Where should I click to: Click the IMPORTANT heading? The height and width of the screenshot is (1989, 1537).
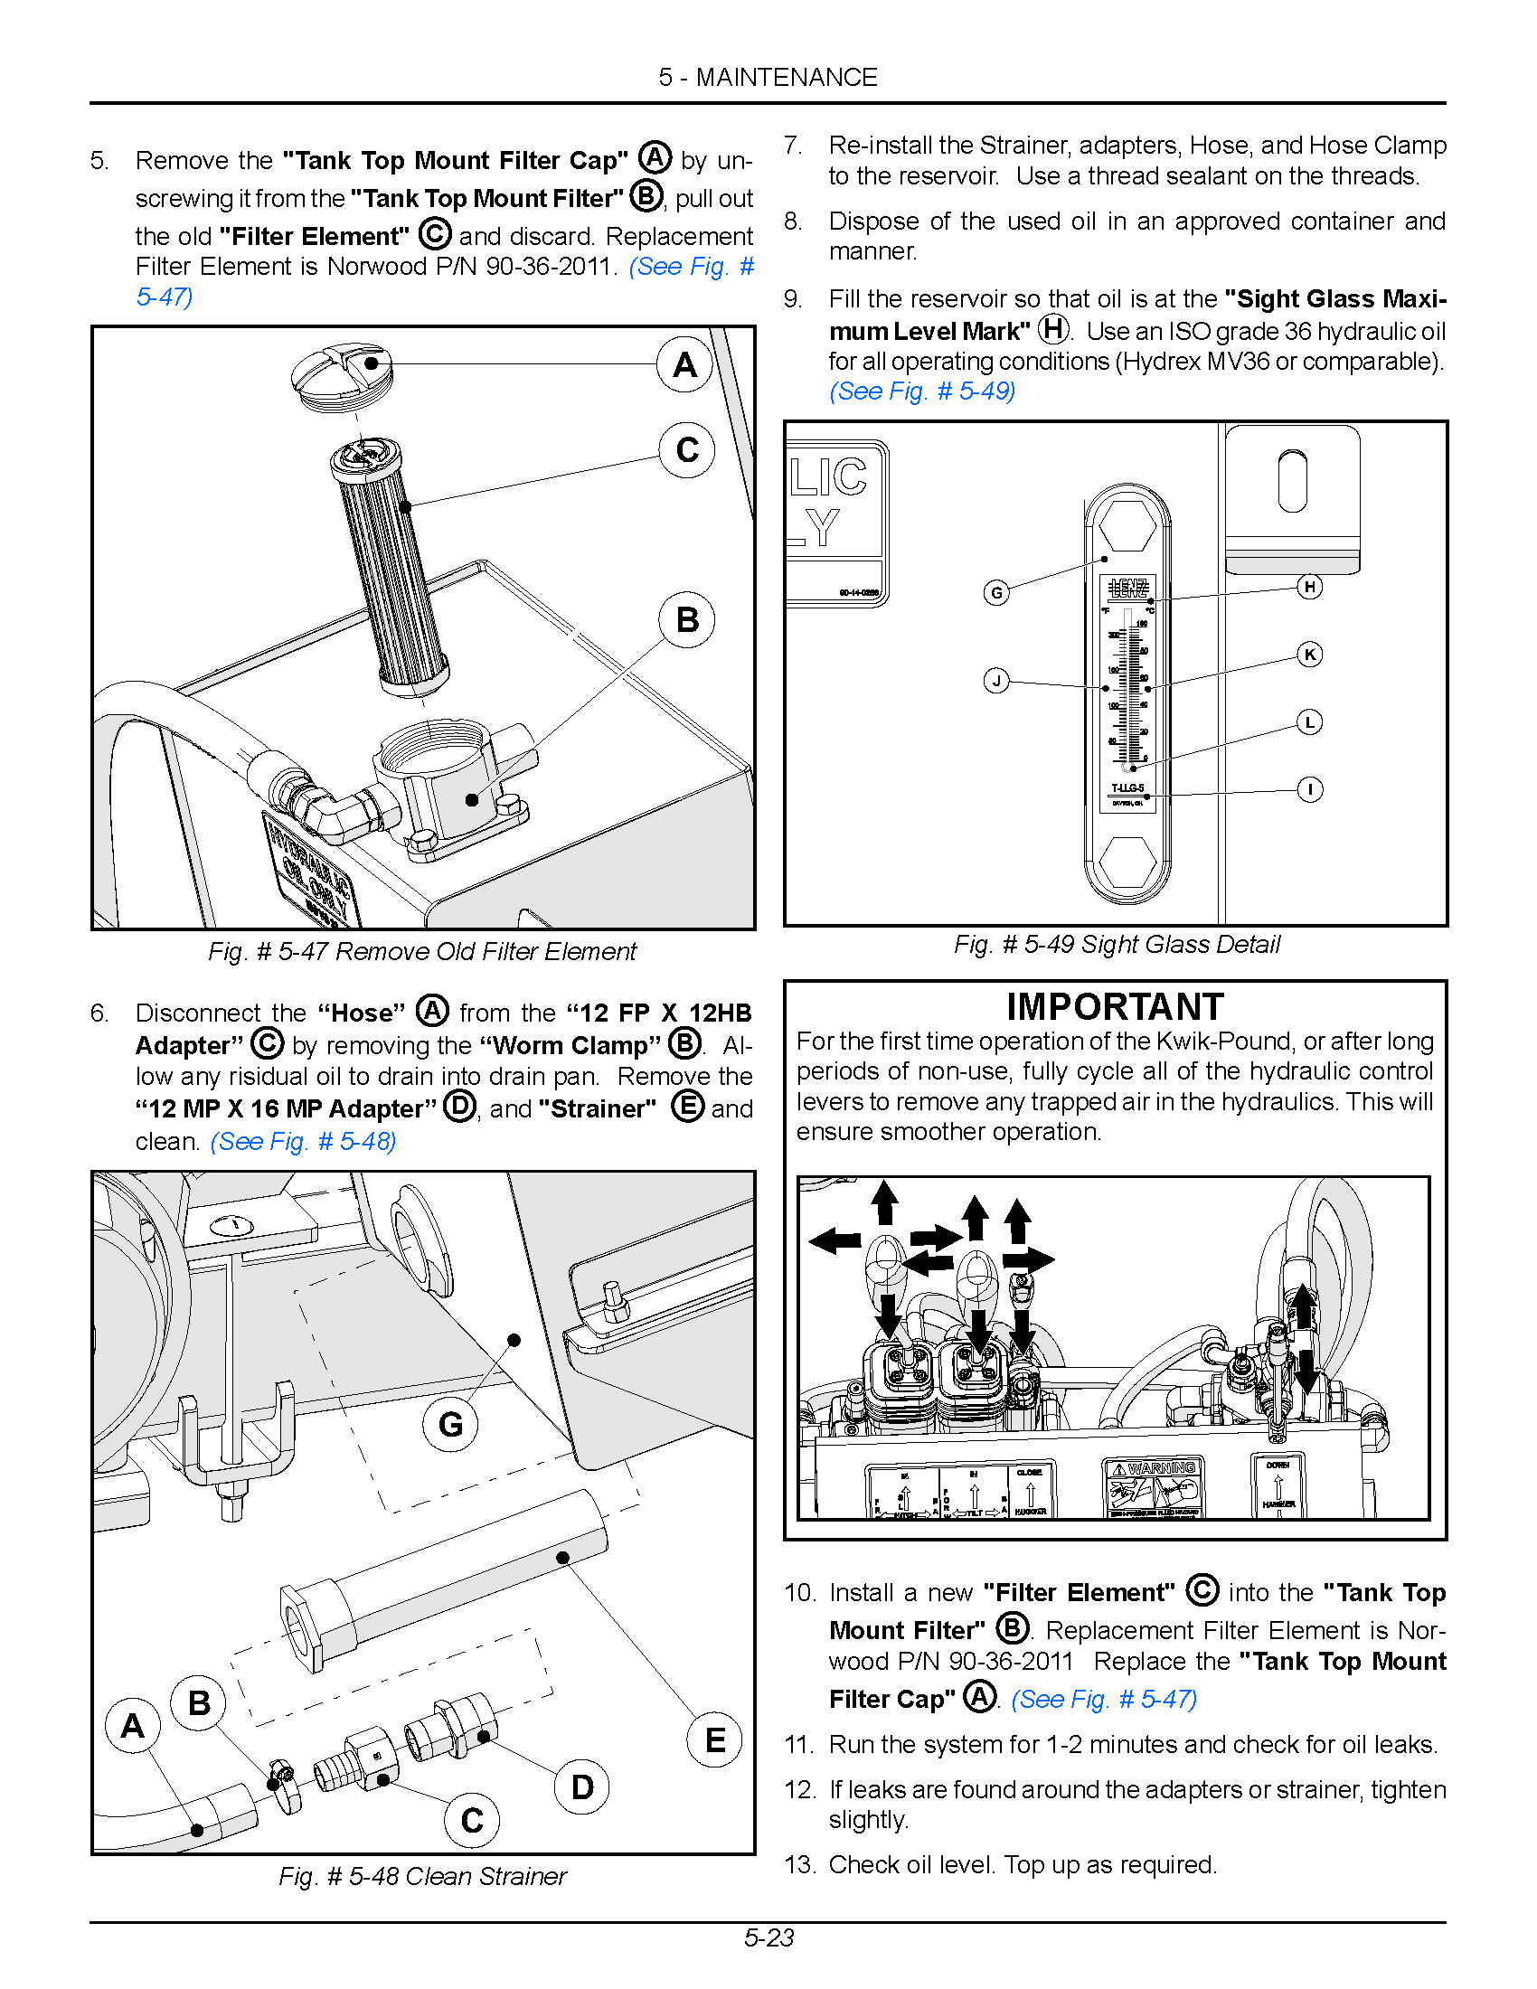pos(1115,1007)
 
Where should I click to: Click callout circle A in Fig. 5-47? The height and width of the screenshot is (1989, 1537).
pos(684,364)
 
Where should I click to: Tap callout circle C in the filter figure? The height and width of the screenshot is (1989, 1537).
pos(686,450)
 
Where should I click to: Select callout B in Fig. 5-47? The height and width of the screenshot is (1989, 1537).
pos(686,620)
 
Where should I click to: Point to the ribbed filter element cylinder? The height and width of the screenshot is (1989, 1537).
pos(391,565)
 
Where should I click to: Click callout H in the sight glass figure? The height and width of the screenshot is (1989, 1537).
pos(1309,587)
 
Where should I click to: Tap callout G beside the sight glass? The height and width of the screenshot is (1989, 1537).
pos(996,593)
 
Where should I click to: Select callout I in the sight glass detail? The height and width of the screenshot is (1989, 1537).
pos(1309,789)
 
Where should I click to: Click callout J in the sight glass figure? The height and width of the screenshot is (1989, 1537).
pos(996,680)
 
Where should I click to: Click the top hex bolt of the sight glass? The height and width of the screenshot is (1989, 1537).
pos(1127,525)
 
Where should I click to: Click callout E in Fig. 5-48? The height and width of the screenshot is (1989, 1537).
pos(715,1740)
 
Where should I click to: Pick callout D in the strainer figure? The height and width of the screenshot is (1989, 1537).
pos(582,1786)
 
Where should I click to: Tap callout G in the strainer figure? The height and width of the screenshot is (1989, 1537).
pos(450,1424)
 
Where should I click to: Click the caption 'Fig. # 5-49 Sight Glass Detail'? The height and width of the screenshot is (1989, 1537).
pos(1117,945)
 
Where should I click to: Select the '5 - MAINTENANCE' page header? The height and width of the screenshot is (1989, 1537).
pos(768,78)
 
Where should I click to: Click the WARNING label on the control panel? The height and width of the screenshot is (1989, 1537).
pos(1155,1468)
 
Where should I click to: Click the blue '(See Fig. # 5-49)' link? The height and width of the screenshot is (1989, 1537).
pos(921,391)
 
